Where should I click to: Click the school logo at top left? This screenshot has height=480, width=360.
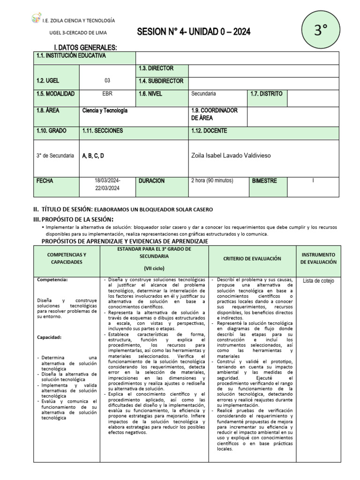36,19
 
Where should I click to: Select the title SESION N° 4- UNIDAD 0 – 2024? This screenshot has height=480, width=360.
194,32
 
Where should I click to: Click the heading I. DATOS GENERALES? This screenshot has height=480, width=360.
86,48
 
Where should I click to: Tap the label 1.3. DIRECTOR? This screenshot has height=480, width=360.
156,68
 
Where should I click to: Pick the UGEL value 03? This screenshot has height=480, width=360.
107,81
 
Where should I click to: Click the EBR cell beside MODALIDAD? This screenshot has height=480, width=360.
107,94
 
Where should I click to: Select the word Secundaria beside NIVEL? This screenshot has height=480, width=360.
204,94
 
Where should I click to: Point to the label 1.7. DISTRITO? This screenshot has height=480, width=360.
266,94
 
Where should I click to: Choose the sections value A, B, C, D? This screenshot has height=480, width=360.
93,156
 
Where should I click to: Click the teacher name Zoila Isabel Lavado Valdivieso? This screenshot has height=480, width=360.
231,156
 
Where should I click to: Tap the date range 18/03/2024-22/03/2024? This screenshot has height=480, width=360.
107,184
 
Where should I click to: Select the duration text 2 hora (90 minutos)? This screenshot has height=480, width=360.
212,181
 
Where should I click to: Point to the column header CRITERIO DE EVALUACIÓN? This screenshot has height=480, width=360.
252,258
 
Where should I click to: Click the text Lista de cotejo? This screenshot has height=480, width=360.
319,281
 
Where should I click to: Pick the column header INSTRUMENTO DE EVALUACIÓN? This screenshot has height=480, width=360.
318,258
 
